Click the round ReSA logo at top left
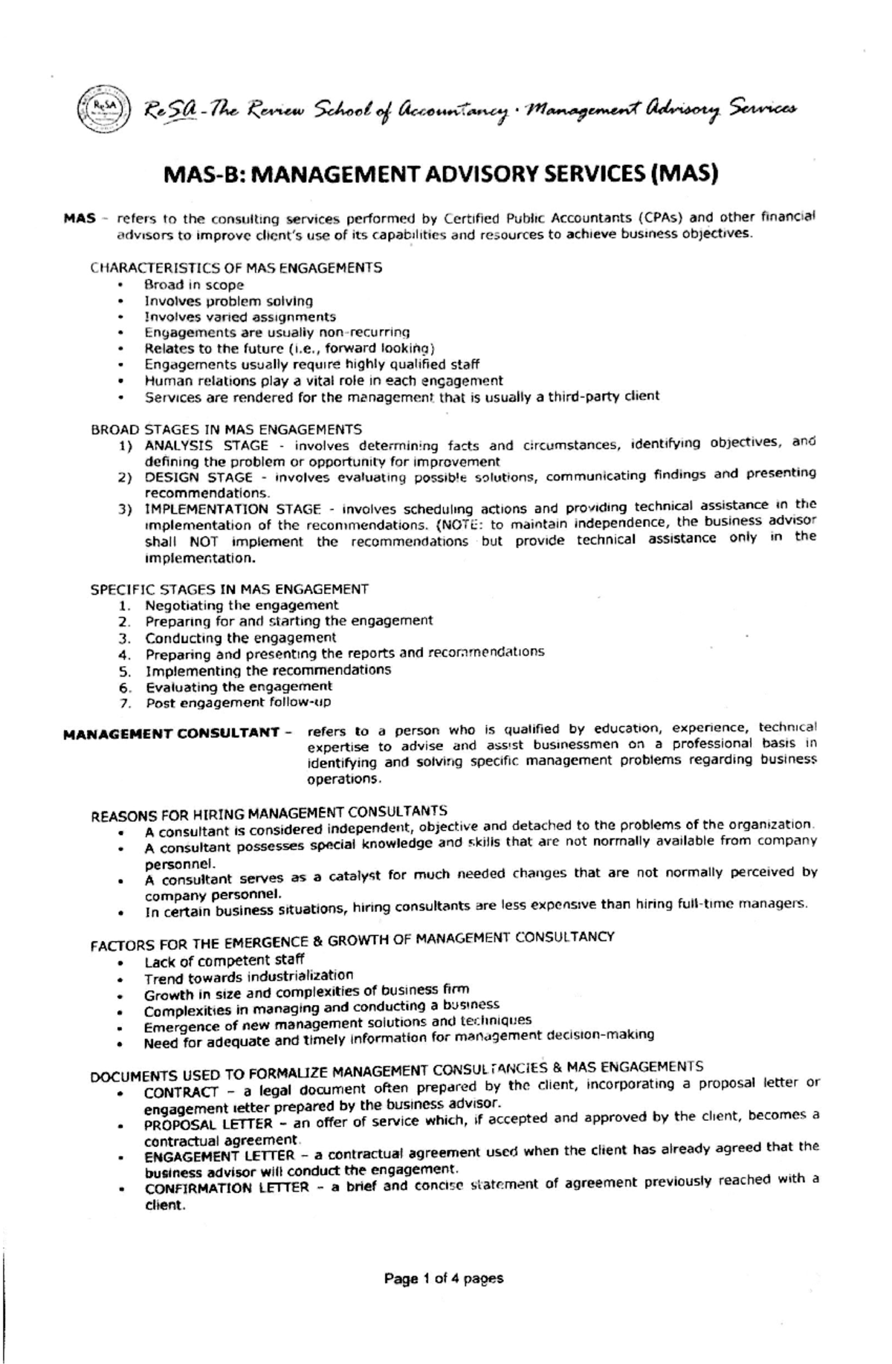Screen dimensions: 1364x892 click(x=105, y=109)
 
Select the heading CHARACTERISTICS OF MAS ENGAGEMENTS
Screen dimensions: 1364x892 click(x=236, y=268)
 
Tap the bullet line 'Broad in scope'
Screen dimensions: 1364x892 click(x=193, y=285)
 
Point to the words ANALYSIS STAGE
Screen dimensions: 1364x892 click(x=206, y=445)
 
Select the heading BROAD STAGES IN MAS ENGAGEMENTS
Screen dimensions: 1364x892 click(x=226, y=430)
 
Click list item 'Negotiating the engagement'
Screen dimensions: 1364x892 click(x=241, y=605)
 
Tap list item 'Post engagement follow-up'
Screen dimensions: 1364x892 click(x=237, y=702)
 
